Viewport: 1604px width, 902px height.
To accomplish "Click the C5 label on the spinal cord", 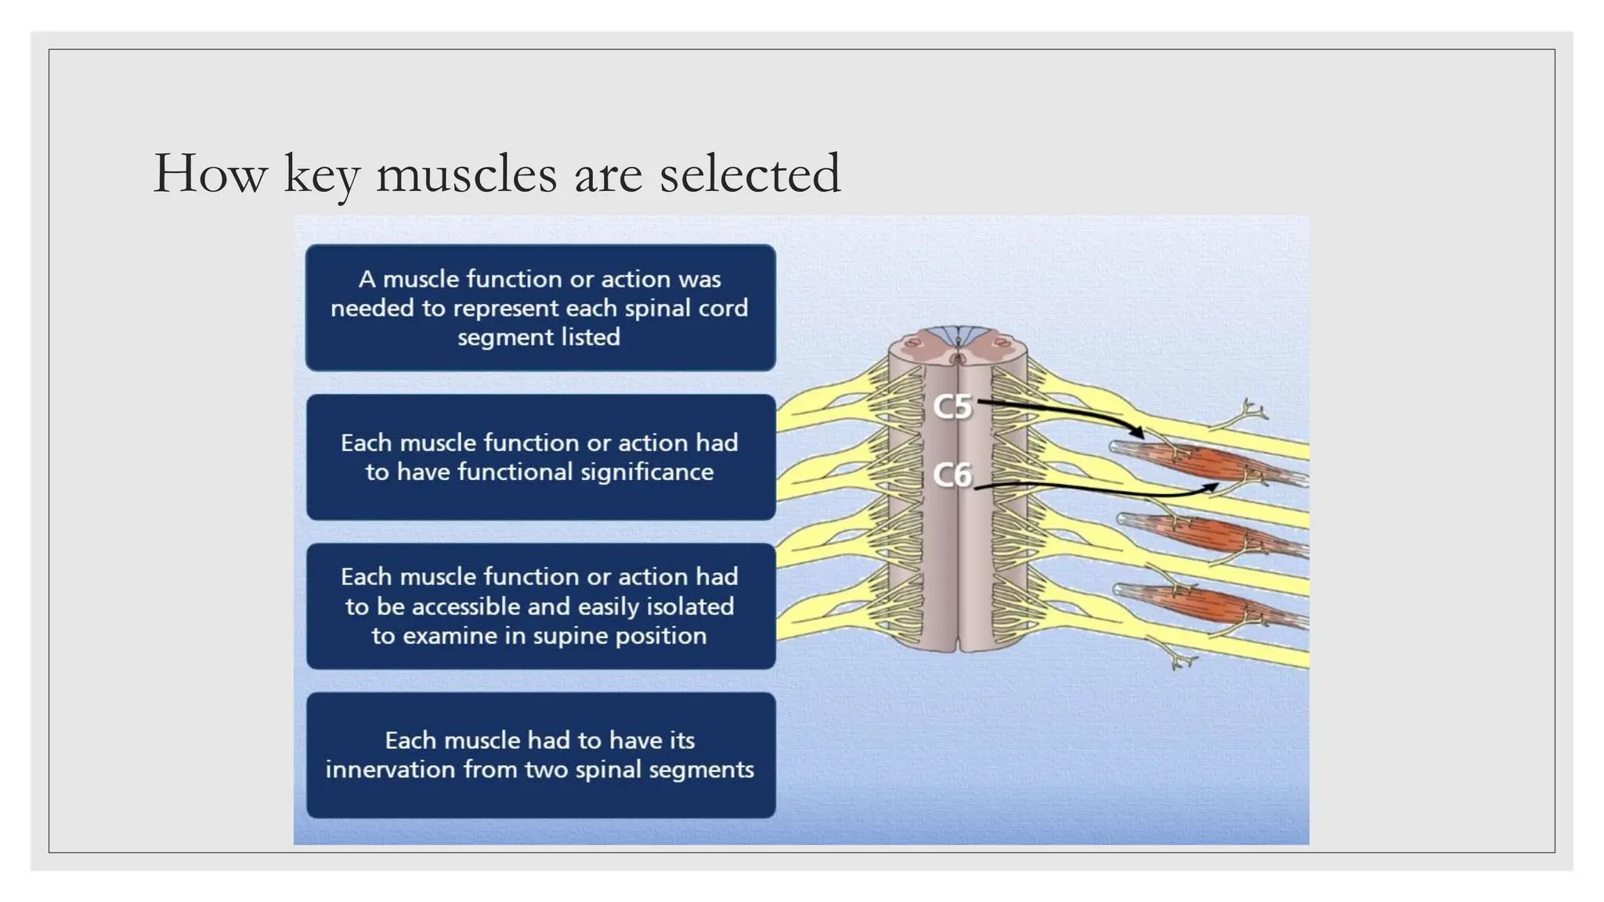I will pos(952,407).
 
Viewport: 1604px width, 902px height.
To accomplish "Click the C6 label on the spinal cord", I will pos(952,475).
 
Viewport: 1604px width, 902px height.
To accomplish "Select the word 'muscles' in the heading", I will pos(467,174).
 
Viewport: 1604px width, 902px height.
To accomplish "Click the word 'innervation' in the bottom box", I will pos(390,770).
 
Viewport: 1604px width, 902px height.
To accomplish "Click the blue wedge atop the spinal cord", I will pos(957,336).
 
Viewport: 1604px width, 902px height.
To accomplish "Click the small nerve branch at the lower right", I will pos(1179,662).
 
